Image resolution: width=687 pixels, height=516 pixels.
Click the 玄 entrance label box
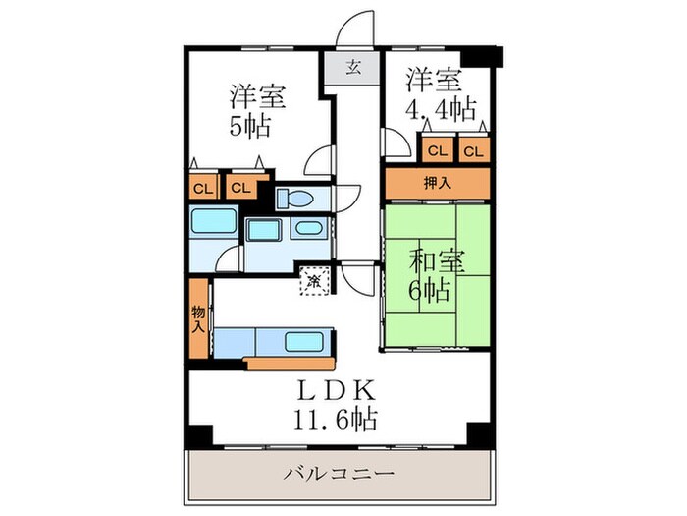[354, 68]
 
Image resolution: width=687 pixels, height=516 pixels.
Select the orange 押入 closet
[437, 182]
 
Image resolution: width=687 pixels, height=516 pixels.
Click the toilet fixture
[293, 199]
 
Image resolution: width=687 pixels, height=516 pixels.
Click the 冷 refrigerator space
[315, 282]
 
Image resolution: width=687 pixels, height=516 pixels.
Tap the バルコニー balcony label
[339, 474]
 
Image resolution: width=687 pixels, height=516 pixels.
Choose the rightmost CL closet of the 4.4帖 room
[474, 150]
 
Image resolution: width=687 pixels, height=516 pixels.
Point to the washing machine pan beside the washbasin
[263, 232]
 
